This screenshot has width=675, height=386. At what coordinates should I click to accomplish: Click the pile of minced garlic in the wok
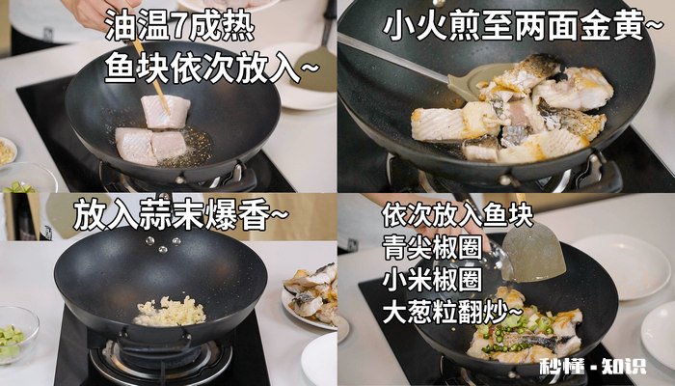(x=170, y=311)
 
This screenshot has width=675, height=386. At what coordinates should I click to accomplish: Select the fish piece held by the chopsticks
(x=165, y=111)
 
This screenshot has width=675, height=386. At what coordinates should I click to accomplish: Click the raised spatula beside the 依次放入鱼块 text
(x=531, y=249)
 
